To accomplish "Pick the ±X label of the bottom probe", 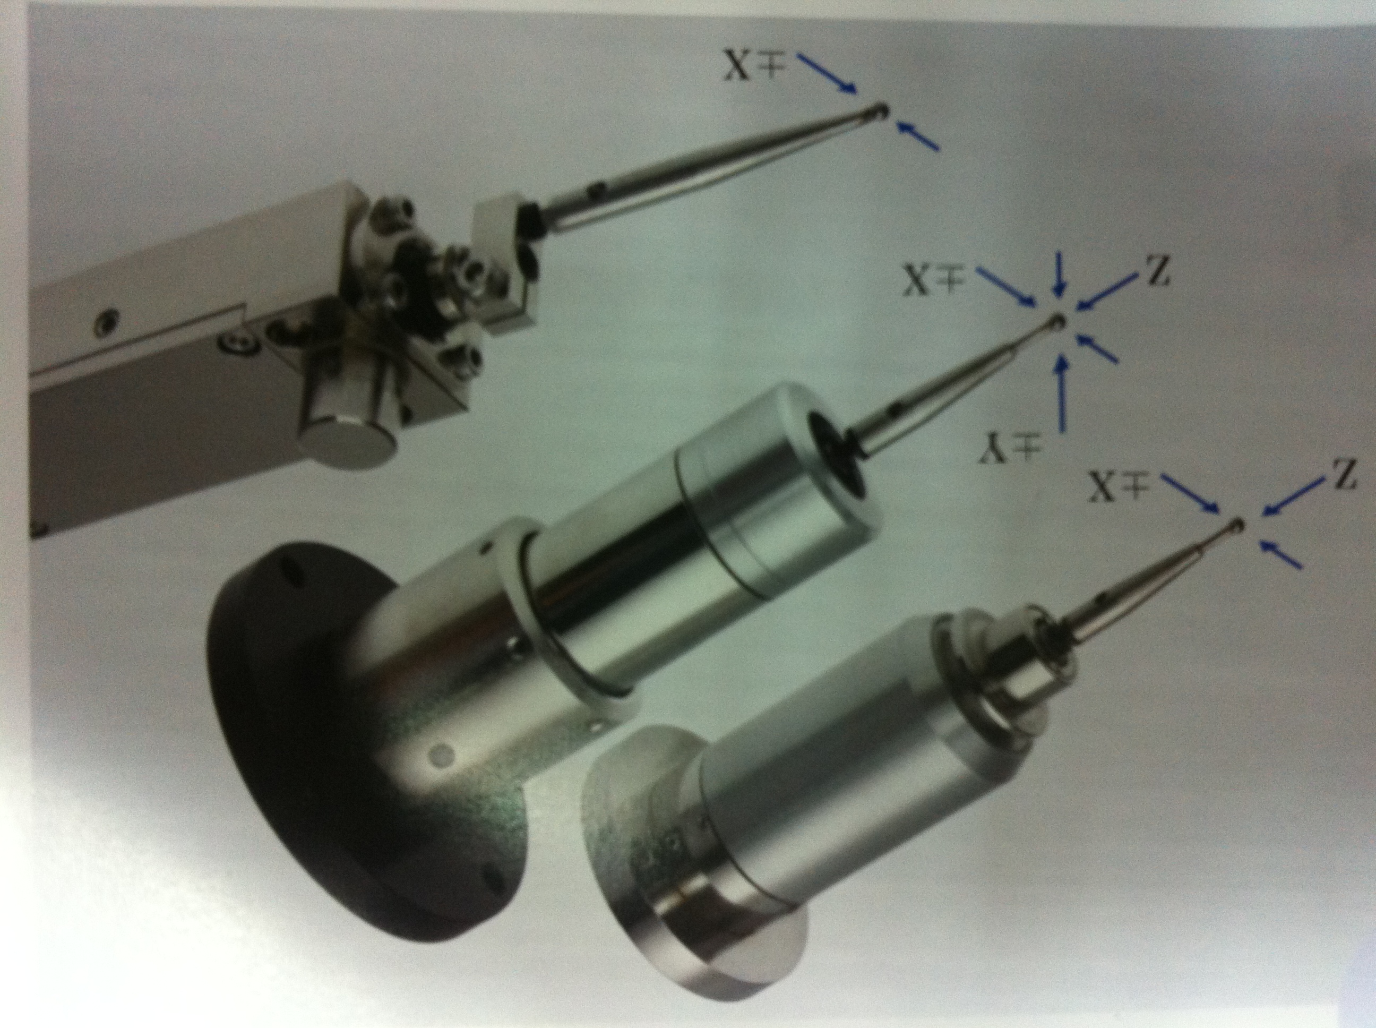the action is point(1120,487).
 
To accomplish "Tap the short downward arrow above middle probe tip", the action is point(1061,282).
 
